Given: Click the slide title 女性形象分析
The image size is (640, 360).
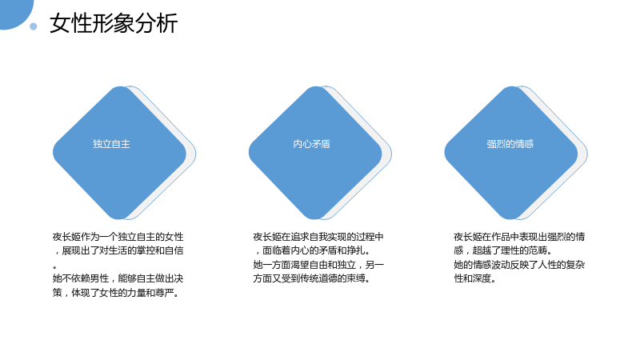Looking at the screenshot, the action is [x=114, y=23].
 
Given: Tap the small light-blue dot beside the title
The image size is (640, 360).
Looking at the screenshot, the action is [x=34, y=26].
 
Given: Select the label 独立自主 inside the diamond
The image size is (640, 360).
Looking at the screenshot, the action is [x=111, y=144].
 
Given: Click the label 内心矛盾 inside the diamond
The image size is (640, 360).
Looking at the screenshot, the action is [x=311, y=144].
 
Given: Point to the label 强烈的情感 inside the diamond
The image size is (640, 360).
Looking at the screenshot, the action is [x=510, y=144].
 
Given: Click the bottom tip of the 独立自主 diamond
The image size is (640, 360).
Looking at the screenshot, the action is [x=119, y=219].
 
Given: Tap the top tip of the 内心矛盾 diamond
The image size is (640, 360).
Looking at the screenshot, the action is [x=315, y=86].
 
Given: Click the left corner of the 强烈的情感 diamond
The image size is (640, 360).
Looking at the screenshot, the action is [x=445, y=153].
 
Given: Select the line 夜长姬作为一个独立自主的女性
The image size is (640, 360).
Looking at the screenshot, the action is [x=118, y=237].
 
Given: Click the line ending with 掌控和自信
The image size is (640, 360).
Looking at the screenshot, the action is [x=118, y=250].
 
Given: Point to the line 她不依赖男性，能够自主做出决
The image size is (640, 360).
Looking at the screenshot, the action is [x=118, y=278].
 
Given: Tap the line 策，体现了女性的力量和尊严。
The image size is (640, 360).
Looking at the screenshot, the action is [x=116, y=293].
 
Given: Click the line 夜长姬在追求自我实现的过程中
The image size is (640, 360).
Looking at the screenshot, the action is [x=318, y=237].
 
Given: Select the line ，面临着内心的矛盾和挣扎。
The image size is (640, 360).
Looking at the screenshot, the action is [x=312, y=250].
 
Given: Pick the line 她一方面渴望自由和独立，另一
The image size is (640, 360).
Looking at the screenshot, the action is [x=318, y=265].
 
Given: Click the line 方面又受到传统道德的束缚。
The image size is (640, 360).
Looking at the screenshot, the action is [x=312, y=278].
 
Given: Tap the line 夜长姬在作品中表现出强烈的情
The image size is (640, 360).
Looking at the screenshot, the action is [x=519, y=237].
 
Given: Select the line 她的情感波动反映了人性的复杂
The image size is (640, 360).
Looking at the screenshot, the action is [x=519, y=265].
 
